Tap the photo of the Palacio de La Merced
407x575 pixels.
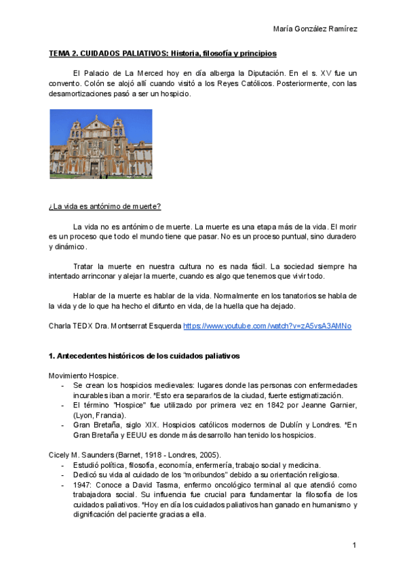coord(100,144)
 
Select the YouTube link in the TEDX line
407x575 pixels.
coord(267,325)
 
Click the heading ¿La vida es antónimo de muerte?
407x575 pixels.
coord(104,206)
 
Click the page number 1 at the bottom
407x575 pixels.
coord(354,545)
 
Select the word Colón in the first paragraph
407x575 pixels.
coord(84,83)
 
